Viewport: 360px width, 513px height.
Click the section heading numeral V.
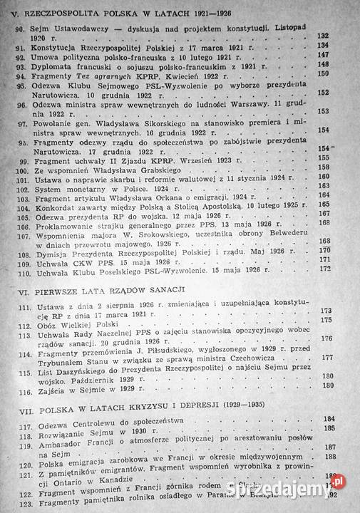pyautogui.click(x=7, y=13)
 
